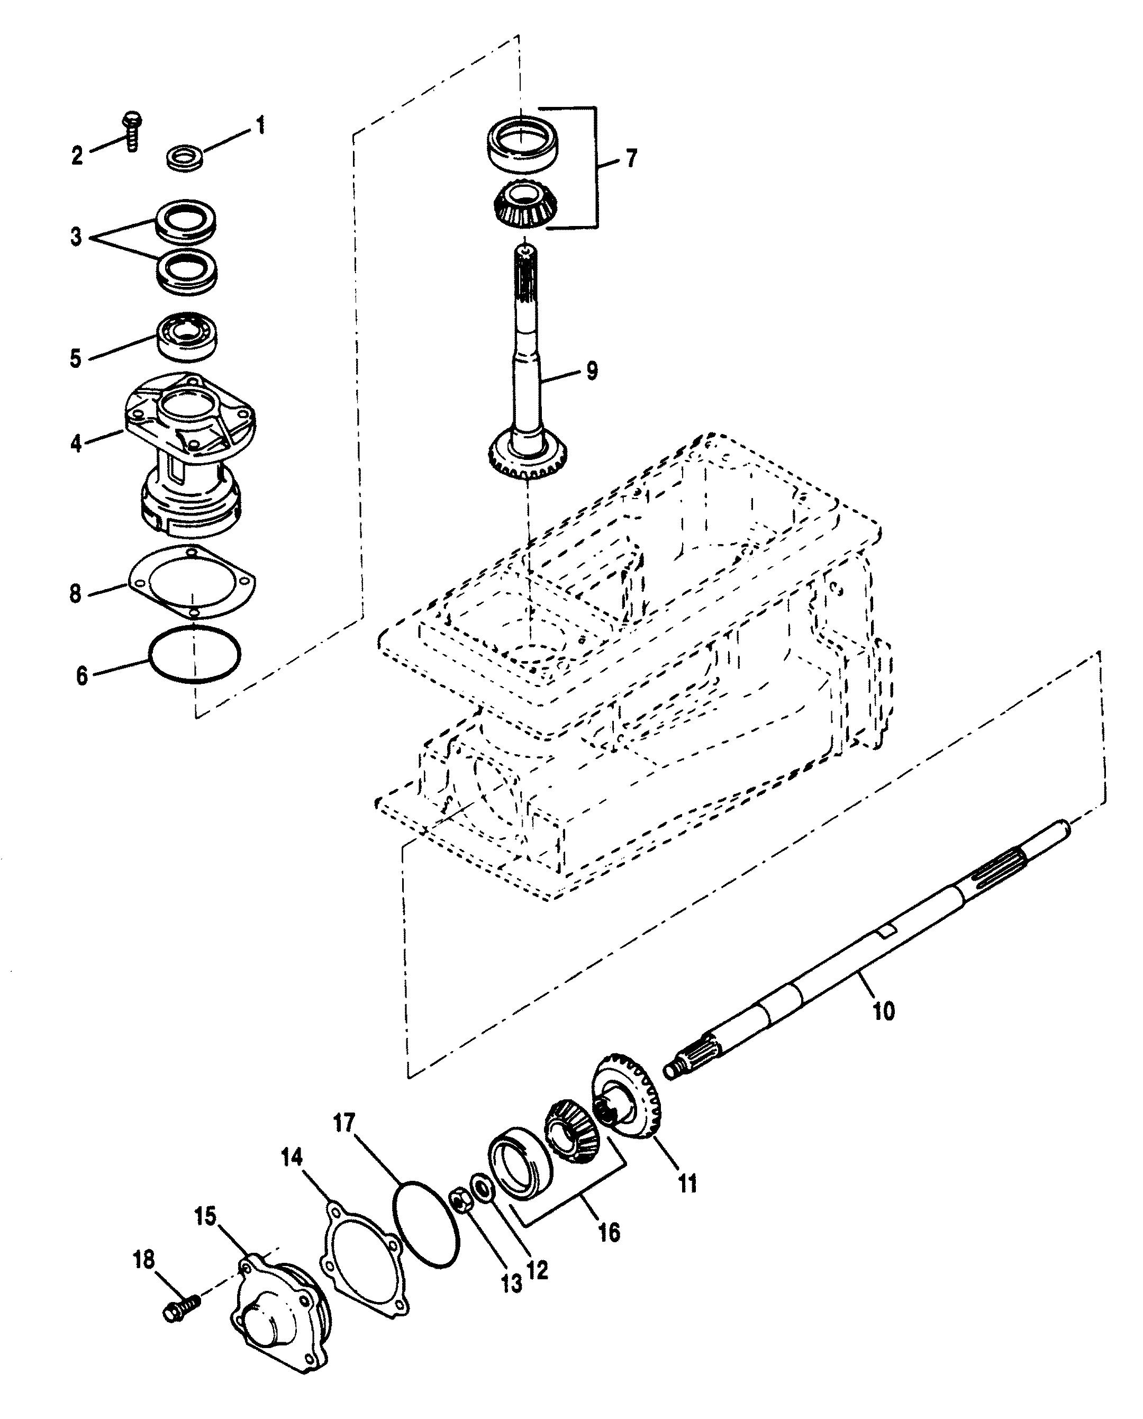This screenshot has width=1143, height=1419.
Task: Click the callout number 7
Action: click(x=631, y=159)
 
